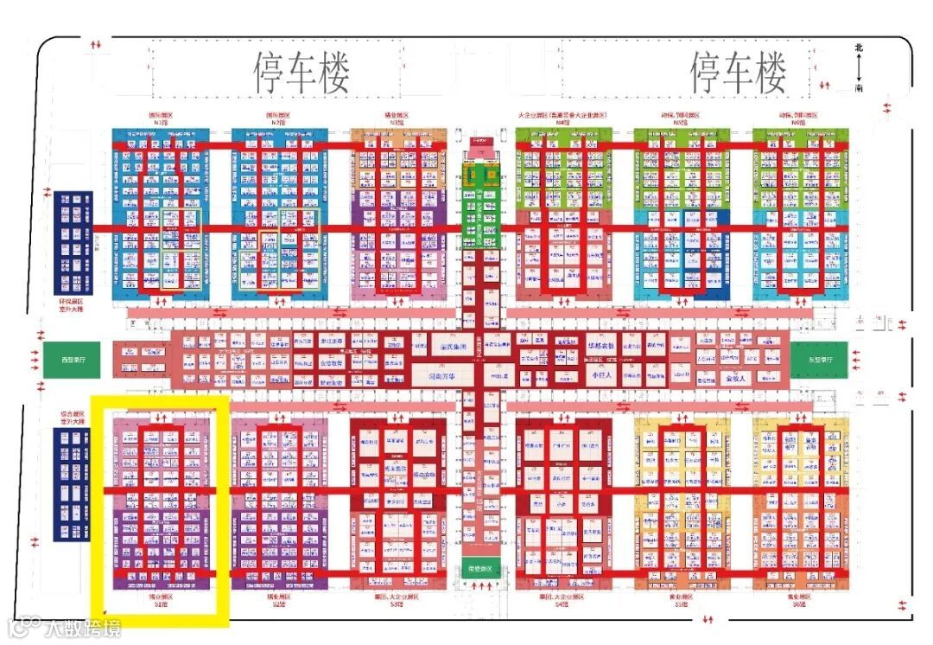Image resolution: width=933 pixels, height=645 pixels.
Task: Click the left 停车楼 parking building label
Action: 301,73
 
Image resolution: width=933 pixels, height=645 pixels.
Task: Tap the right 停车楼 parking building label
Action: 739,73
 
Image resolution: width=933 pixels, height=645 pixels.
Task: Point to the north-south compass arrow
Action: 859,67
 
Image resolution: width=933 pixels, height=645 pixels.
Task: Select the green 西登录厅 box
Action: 67,359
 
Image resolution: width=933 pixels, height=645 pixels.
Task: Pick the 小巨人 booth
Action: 600,376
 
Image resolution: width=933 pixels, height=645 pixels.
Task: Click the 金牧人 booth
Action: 736,378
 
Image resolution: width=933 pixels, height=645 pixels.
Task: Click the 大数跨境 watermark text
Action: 83,627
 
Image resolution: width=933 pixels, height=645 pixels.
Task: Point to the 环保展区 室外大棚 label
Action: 73,304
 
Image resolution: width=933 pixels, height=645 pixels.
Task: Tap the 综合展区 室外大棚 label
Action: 73,418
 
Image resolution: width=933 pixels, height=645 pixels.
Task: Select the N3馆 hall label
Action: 397,122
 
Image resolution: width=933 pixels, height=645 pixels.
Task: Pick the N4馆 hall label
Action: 563,122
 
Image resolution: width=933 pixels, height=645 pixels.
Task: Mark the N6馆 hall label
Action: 799,122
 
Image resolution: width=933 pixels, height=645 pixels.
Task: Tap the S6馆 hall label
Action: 799,603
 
